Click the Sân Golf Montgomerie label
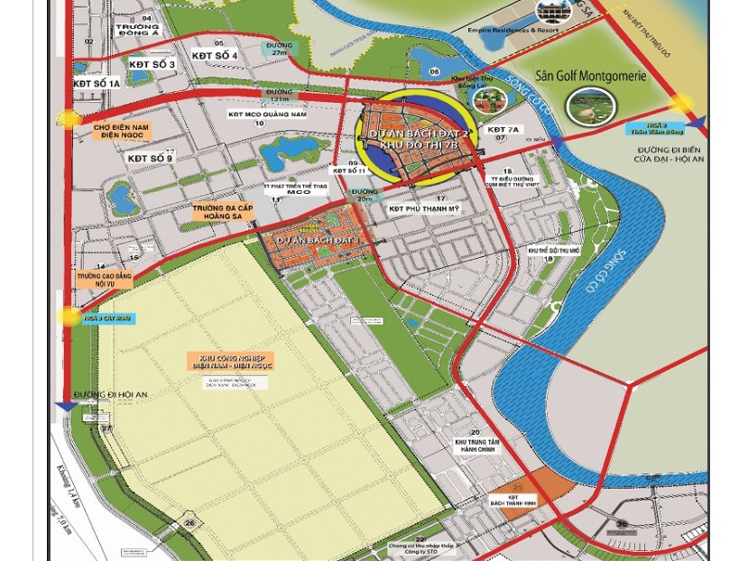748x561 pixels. pyautogui.click(x=591, y=77)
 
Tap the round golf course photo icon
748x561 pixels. pyautogui.click(x=590, y=107)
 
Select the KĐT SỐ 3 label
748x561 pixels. pyautogui.click(x=152, y=65)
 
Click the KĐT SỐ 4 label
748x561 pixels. pyautogui.click(x=215, y=56)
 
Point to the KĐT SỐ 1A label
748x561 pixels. pyautogui.click(x=97, y=84)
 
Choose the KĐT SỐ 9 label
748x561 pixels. pyautogui.click(x=150, y=159)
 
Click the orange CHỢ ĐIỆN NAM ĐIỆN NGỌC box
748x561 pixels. pyautogui.click(x=121, y=132)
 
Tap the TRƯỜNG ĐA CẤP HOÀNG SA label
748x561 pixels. pyautogui.click(x=223, y=212)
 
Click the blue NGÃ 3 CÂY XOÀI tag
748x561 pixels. pyautogui.click(x=108, y=318)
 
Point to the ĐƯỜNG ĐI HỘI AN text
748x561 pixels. pyautogui.click(x=110, y=395)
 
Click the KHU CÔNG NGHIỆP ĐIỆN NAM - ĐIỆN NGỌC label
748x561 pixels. pyautogui.click(x=231, y=362)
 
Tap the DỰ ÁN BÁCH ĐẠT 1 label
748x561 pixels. pyautogui.click(x=318, y=240)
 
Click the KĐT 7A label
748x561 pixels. pyautogui.click(x=503, y=130)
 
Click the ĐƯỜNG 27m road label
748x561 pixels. pyautogui.click(x=279, y=49)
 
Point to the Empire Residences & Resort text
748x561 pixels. pyautogui.click(x=513, y=30)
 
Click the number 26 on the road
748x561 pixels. pyautogui.click(x=189, y=522)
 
